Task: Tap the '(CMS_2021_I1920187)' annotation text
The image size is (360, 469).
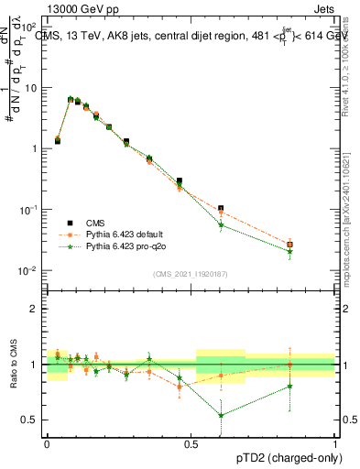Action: point(191,274)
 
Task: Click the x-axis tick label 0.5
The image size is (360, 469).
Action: point(191,441)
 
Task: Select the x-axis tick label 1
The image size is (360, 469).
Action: point(336,441)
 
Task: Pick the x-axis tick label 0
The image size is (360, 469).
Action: point(47,441)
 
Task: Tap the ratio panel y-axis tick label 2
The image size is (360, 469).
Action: point(33,309)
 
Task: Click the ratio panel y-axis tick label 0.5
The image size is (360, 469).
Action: point(29,420)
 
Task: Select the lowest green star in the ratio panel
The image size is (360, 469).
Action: point(221,415)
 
